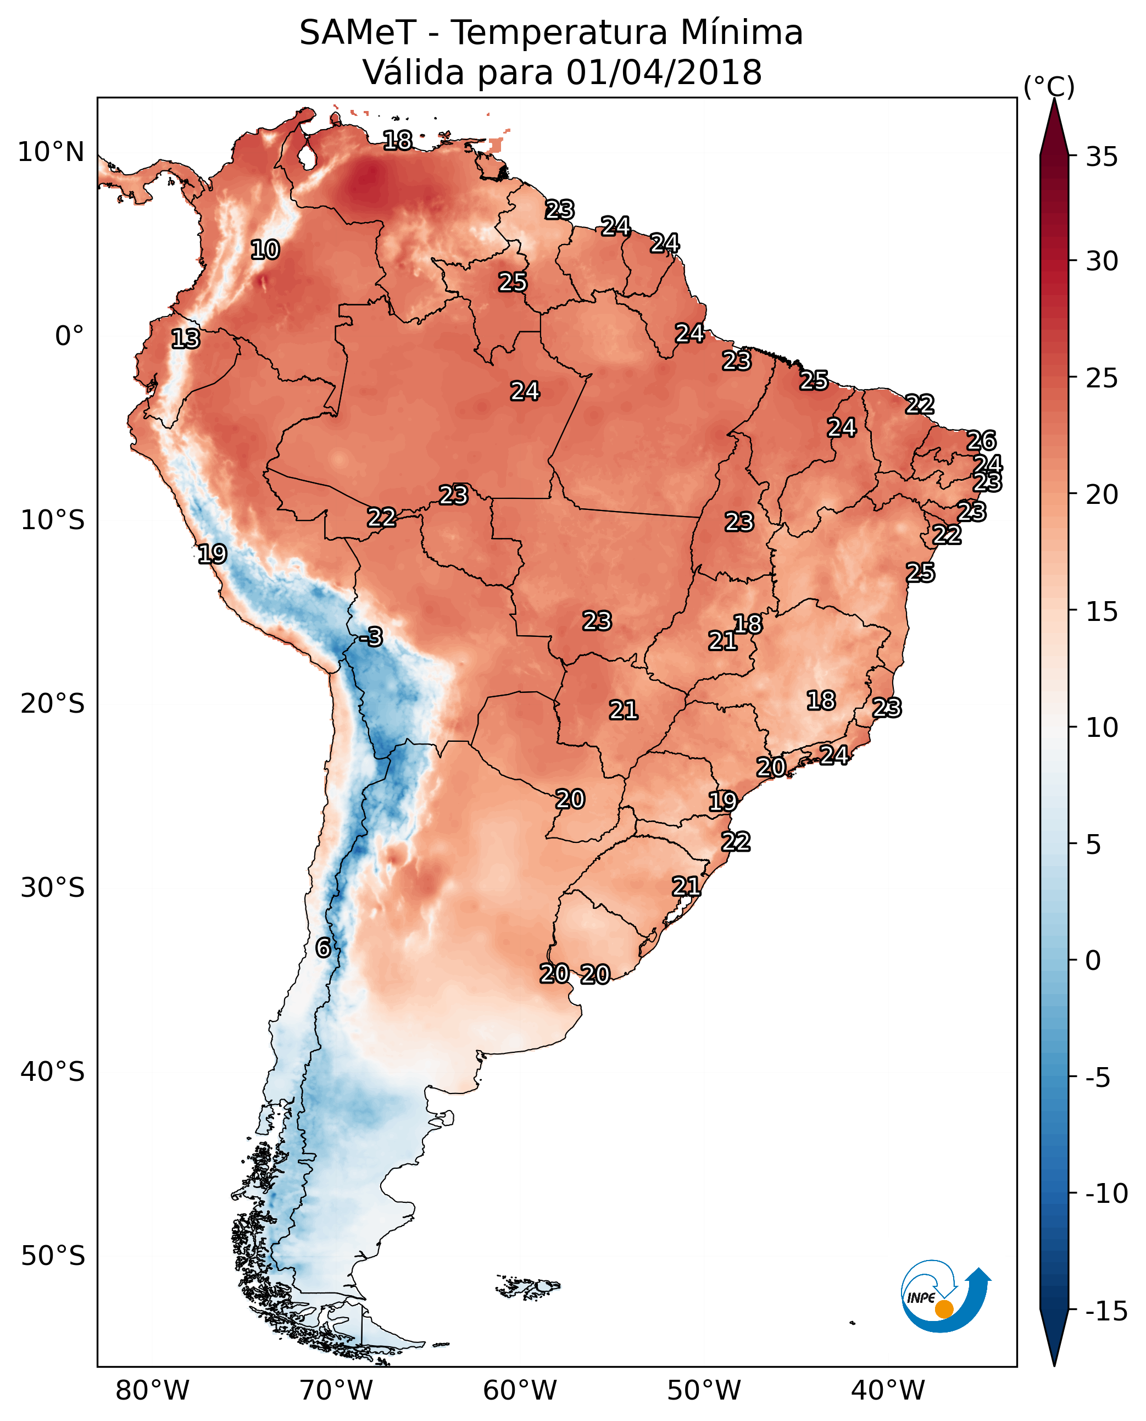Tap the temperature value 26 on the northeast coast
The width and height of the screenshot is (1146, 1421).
(981, 441)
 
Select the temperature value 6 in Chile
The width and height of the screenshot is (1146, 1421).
(323, 947)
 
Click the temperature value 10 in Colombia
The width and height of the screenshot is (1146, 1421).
(265, 249)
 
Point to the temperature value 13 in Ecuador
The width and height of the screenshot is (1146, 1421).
(186, 338)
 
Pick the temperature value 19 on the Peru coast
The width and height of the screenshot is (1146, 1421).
(212, 554)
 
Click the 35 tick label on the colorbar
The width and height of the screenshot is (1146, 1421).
(1102, 157)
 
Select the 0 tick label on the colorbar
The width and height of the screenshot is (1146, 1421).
(1093, 961)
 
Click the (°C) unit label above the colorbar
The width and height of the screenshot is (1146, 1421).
(1049, 86)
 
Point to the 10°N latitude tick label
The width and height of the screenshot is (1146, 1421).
(51, 153)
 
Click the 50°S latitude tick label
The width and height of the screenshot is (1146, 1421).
(53, 1255)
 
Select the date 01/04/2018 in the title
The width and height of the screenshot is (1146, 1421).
(664, 73)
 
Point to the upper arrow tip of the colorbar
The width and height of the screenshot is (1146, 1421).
(1054, 99)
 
